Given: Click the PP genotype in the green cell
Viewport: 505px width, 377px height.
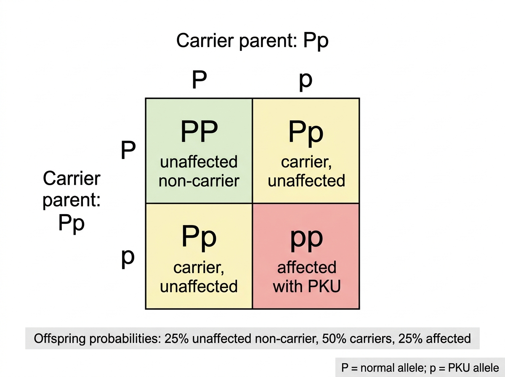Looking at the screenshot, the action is [x=199, y=131].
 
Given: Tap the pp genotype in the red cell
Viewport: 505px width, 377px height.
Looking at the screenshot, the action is [x=307, y=240].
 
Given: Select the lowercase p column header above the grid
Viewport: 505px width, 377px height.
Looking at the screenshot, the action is [x=306, y=82].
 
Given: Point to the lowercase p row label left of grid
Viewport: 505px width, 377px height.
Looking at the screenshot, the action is [x=128, y=259].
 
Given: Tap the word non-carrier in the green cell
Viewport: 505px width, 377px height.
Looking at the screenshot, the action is [x=199, y=181].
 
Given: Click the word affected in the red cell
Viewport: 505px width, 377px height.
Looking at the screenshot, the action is [x=307, y=268].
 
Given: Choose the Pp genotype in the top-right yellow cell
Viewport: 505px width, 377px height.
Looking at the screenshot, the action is [x=306, y=134].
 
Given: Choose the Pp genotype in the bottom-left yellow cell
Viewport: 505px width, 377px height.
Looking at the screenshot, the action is [x=199, y=238].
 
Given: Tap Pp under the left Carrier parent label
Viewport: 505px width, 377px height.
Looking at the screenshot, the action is [x=71, y=224].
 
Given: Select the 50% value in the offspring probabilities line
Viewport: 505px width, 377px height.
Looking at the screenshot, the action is [x=334, y=339].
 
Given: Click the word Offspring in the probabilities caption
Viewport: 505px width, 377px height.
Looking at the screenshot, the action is [x=60, y=339].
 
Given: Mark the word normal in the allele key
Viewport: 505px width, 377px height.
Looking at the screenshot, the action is [x=375, y=368].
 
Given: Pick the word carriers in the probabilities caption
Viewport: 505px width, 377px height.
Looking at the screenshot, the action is [x=371, y=339].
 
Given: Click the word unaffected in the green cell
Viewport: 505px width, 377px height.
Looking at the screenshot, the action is [x=199, y=162].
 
